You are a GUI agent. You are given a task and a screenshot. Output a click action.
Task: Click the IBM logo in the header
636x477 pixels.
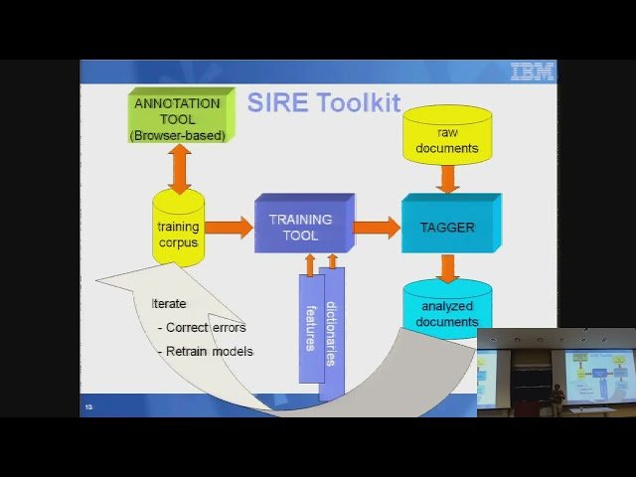pos(532,72)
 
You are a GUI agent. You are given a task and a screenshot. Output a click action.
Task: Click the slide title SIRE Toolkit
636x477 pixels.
pos(323,102)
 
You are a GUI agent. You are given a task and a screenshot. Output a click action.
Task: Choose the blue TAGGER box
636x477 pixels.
pos(447,227)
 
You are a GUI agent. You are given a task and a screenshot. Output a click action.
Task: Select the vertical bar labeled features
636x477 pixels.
pos(310,328)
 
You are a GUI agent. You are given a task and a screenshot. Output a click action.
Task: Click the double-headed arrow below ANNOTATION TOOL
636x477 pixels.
pos(179,168)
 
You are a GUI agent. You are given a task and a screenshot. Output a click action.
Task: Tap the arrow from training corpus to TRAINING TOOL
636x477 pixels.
pos(229,228)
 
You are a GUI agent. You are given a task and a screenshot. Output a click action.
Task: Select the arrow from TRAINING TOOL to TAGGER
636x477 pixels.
pos(376,228)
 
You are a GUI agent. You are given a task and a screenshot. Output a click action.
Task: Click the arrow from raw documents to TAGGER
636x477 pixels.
pos(447,179)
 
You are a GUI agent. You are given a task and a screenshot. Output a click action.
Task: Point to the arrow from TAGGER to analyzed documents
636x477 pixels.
pos(447,267)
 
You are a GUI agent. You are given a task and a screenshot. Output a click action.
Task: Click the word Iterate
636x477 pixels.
pos(168,303)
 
